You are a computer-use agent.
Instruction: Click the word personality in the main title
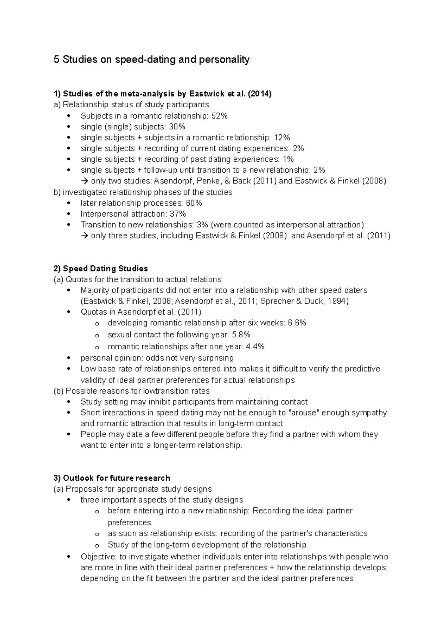(225, 60)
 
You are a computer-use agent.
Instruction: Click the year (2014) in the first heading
(260, 94)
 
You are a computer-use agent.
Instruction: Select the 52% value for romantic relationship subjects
(220, 116)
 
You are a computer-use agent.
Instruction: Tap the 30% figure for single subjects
(177, 127)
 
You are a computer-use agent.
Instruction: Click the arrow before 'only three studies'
(84, 236)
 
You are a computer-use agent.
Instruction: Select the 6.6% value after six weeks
(297, 323)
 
